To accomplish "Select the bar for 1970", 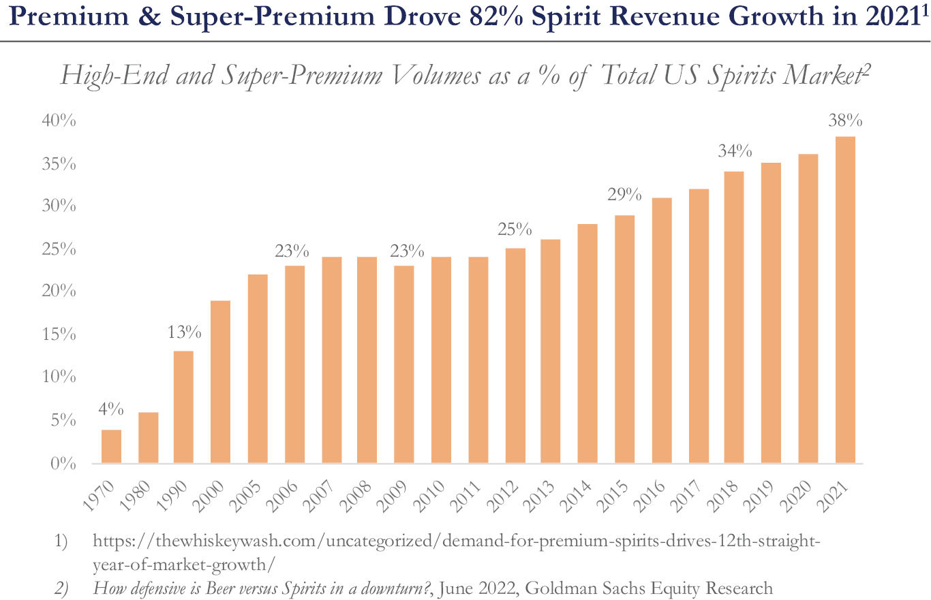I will tap(111, 447).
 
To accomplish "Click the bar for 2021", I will tap(845, 300).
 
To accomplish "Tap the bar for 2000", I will tap(221, 382).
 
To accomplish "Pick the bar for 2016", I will tap(662, 331).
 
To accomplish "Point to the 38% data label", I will tap(845, 122).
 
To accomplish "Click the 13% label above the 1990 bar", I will tap(184, 333).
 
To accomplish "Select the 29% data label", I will tap(625, 195).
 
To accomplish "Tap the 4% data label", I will tap(110, 410).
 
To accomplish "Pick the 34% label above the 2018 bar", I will tap(735, 151).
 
